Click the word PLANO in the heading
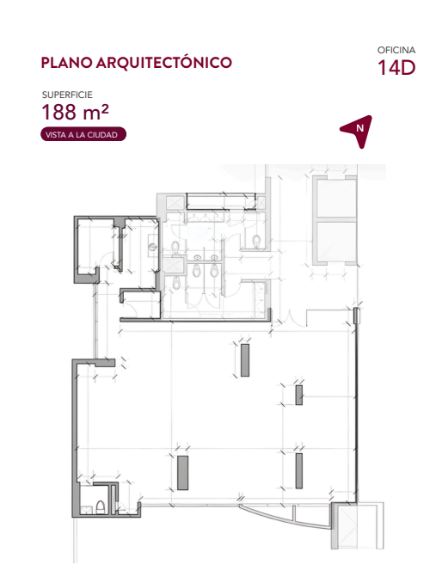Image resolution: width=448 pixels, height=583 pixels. point(66,63)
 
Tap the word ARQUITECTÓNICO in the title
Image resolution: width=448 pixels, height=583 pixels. point(164,63)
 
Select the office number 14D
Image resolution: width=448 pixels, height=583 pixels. point(396,68)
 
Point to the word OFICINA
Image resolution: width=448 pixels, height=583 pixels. point(396,50)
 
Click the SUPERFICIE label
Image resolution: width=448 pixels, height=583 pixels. point(67,95)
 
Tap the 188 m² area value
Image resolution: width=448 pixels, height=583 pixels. point(75,112)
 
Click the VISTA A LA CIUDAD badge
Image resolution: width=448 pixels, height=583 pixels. point(83,135)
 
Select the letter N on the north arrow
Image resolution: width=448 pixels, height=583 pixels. point(359,128)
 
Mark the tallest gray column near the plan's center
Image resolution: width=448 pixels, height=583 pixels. point(244,360)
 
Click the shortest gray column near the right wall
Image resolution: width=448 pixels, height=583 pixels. point(299,395)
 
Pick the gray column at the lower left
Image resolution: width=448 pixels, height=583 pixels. point(182,473)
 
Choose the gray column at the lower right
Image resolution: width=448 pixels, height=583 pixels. point(299,470)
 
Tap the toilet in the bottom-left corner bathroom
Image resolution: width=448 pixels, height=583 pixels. point(101,507)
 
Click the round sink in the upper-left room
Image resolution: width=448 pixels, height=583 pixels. point(151,246)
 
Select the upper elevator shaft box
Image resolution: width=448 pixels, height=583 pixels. point(336,199)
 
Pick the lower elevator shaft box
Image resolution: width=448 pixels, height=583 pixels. point(336,242)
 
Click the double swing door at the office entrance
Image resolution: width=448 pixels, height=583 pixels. point(289,318)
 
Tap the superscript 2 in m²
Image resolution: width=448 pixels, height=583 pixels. point(105,108)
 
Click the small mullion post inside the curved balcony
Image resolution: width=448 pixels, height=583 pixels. point(294,514)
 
